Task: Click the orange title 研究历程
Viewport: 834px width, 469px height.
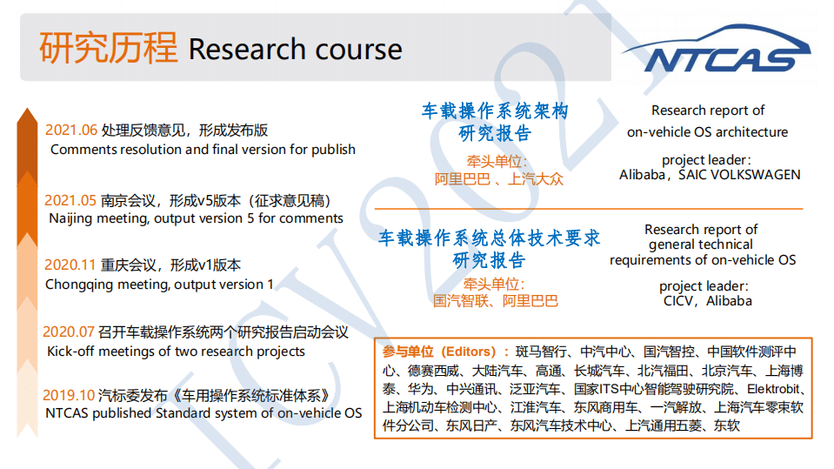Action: tap(108, 48)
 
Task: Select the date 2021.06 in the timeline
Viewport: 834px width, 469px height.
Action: tap(71, 131)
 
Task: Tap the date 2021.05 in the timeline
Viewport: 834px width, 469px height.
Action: tap(71, 200)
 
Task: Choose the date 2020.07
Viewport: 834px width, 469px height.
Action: tap(70, 332)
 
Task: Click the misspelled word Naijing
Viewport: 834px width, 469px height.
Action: tap(75, 219)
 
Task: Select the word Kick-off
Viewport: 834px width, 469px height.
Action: tap(73, 352)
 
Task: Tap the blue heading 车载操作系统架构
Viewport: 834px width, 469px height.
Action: tap(494, 111)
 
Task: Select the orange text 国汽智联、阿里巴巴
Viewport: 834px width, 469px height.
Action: tap(495, 301)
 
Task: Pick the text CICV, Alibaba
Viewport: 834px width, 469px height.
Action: tap(705, 301)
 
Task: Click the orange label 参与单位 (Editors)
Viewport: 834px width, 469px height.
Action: tap(444, 352)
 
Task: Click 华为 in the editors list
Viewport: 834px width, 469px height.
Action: tap(420, 389)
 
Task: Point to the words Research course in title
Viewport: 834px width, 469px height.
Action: tap(295, 50)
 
